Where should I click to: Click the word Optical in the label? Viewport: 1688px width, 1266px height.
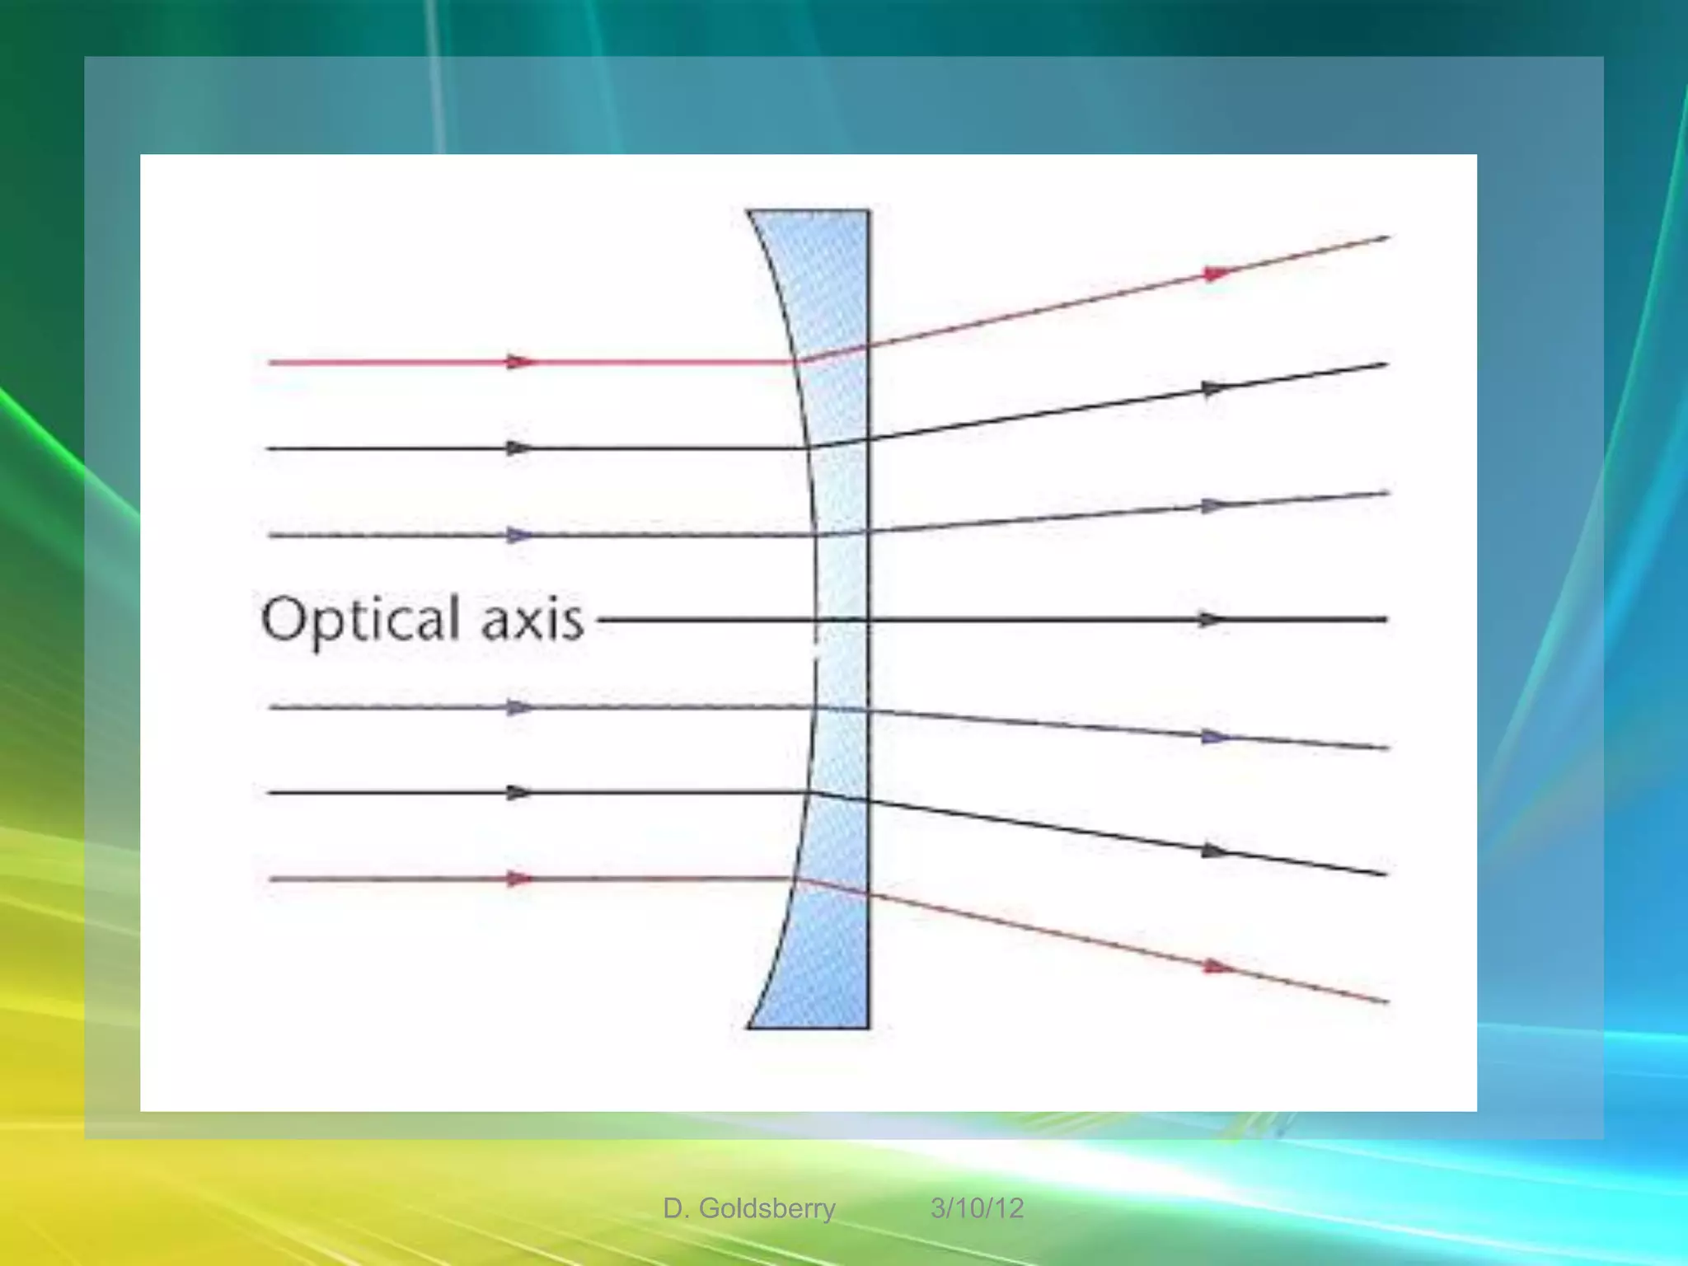point(360,620)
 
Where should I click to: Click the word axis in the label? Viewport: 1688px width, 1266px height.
point(532,620)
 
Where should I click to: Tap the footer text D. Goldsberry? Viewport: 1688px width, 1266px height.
point(748,1208)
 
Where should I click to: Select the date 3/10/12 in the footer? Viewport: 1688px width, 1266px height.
point(977,1208)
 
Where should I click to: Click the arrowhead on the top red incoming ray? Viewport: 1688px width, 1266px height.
point(519,362)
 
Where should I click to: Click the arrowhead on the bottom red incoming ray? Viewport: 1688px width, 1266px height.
point(519,879)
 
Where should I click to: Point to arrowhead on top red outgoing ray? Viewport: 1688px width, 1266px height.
point(1217,273)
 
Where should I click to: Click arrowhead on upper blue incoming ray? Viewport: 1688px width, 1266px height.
point(519,536)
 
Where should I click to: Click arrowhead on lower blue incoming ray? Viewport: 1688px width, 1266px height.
point(519,707)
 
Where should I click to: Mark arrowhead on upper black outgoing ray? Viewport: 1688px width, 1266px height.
point(1215,388)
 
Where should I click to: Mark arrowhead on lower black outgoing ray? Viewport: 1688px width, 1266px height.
point(1215,851)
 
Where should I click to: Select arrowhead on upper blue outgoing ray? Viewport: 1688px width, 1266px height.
point(1215,505)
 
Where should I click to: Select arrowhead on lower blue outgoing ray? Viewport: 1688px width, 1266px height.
point(1215,737)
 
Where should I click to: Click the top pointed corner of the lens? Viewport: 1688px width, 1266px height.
point(749,212)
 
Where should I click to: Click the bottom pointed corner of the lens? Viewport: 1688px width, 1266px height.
point(749,1027)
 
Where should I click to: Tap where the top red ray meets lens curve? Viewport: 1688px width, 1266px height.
point(799,361)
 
